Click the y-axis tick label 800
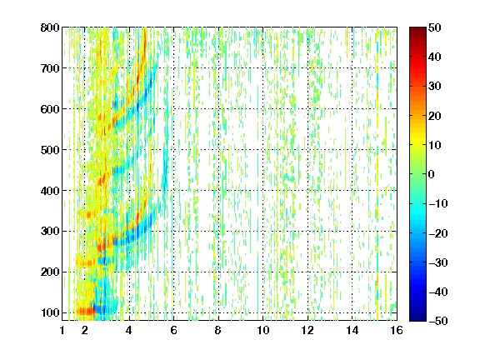point(50,27)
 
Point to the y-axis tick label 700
point(50,68)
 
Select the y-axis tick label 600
point(50,109)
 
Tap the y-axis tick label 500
point(50,150)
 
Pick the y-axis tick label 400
point(50,191)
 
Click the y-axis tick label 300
point(50,231)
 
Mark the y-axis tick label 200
point(50,272)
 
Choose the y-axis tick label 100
point(50,312)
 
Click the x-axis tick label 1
point(62,330)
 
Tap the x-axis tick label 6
point(173,330)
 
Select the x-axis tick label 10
point(263,330)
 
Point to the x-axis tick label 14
point(352,330)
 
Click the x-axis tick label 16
point(397,330)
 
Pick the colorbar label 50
point(435,27)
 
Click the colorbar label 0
point(432,174)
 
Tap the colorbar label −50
point(438,321)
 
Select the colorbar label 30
point(435,87)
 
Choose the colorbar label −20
point(438,233)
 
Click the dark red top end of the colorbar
point(417,29)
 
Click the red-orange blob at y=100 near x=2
point(86,312)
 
